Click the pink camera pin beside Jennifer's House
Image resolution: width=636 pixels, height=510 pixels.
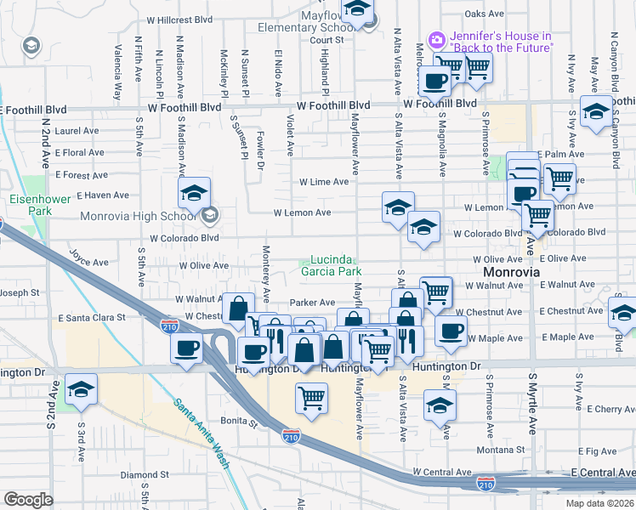click(437, 40)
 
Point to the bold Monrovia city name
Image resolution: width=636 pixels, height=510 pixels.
click(511, 272)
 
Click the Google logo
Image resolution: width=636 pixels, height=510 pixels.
click(28, 499)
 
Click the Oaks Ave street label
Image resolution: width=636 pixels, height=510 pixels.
click(486, 14)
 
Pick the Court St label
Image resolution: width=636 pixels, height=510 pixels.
click(326, 40)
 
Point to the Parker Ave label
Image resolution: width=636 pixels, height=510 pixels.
click(312, 303)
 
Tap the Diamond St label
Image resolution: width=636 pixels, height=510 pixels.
click(139, 475)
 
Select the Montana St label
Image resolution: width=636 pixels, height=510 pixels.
click(496, 450)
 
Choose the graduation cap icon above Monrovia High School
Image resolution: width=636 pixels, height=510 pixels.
click(194, 193)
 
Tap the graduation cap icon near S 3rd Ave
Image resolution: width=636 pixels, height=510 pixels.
click(81, 389)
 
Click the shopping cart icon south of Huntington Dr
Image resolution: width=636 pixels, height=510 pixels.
click(312, 397)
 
